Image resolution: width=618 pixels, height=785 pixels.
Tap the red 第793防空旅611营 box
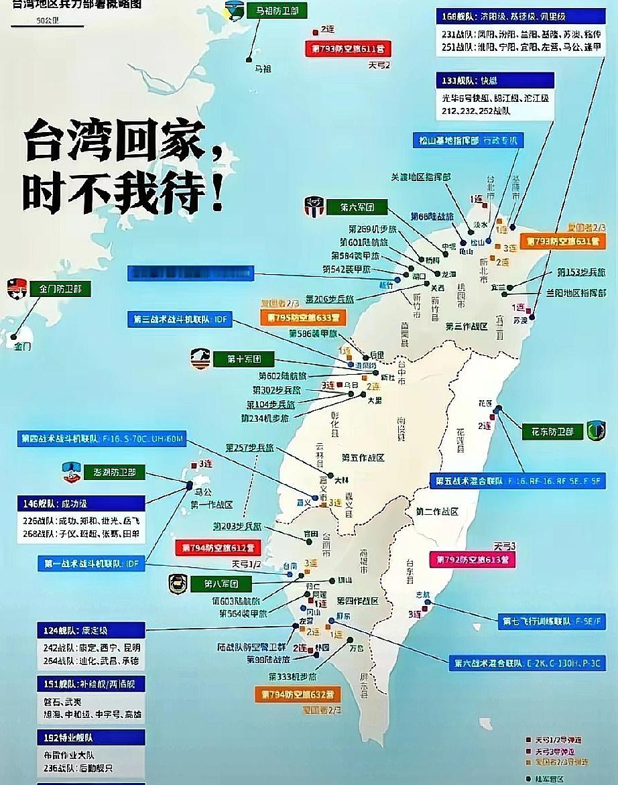tap(349, 49)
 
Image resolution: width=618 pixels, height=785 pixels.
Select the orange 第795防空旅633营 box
tap(303, 317)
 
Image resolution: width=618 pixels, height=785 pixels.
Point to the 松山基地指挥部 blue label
tap(467, 141)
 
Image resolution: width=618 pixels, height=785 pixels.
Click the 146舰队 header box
tap(80, 503)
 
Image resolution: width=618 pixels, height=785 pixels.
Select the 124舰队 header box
tap(90, 630)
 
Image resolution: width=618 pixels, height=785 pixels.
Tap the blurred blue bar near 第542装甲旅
tap(190, 274)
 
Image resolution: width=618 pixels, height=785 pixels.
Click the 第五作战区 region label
tap(363, 458)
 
